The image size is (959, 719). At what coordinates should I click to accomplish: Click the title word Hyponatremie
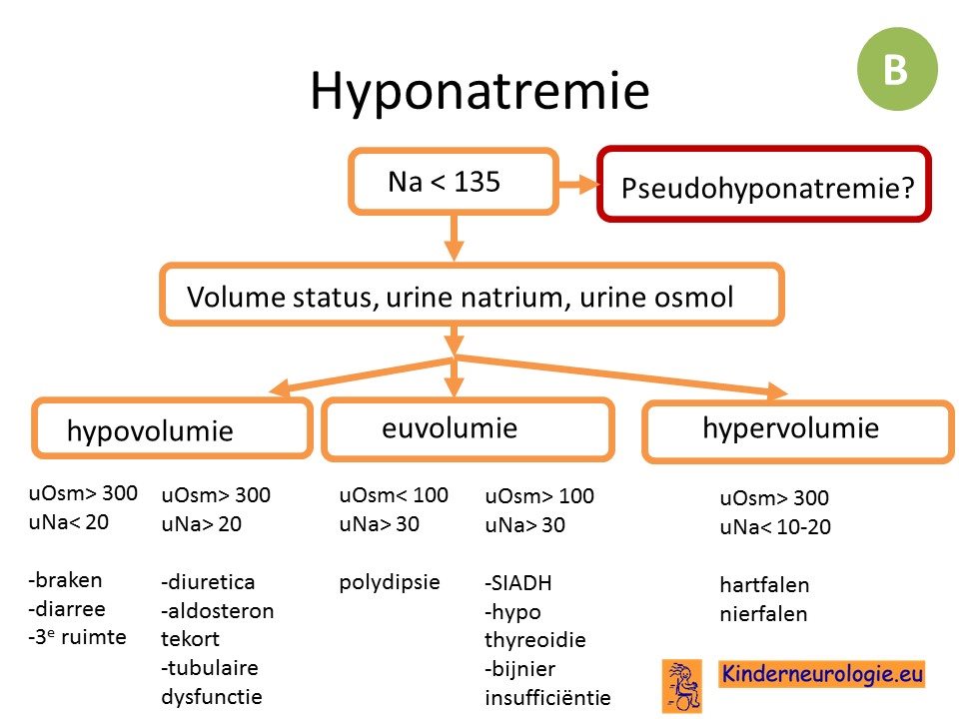click(479, 92)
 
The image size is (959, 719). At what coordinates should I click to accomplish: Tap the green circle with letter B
click(897, 69)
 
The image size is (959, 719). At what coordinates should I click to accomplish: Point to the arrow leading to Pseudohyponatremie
click(578, 184)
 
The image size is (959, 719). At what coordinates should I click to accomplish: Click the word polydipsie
click(390, 582)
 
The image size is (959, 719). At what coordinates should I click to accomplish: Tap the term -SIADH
click(518, 582)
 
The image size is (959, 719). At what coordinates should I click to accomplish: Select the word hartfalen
click(764, 585)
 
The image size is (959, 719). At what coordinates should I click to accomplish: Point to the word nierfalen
click(763, 614)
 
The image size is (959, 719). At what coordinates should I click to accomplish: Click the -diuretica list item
click(208, 581)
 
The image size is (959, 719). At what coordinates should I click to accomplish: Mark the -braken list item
click(66, 579)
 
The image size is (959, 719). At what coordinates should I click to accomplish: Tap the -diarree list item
click(67, 609)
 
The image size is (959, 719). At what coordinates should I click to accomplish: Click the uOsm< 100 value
click(394, 495)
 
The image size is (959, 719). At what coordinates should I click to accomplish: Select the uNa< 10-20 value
click(775, 527)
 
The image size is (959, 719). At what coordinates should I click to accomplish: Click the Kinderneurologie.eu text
click(821, 674)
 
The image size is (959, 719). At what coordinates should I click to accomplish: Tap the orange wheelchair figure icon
click(682, 686)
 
